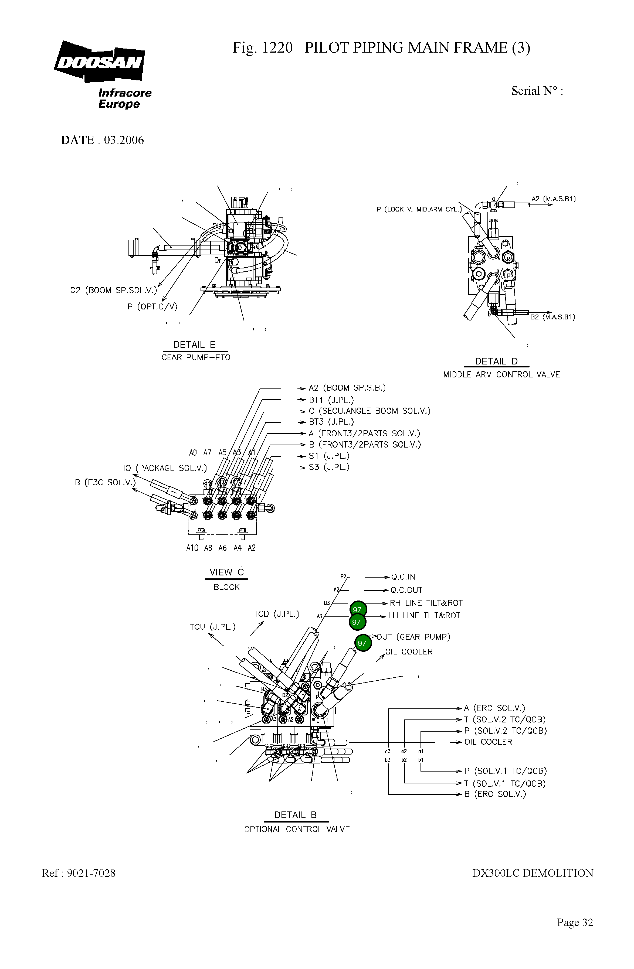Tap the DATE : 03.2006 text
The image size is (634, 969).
[x=102, y=140]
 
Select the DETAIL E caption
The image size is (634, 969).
[x=194, y=344]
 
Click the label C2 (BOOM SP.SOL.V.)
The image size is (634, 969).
[x=113, y=290]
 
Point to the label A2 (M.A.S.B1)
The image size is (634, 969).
[x=553, y=199]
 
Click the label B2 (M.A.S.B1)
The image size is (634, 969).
[x=552, y=317]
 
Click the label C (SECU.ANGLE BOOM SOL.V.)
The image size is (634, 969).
[x=369, y=411]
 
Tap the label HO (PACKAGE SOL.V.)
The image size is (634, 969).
[x=163, y=468]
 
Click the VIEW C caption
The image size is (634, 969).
[x=226, y=572]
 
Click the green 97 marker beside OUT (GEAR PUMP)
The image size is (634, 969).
[x=362, y=643]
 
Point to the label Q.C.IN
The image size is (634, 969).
[x=403, y=577]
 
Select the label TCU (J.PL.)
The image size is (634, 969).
[x=213, y=627]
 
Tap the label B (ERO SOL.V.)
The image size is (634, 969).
[x=495, y=794]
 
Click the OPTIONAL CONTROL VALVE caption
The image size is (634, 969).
[x=297, y=829]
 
